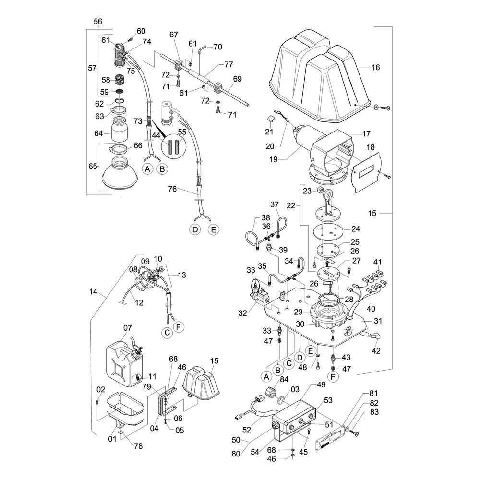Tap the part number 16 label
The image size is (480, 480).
click(x=375, y=68)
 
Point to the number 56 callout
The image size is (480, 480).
click(x=97, y=22)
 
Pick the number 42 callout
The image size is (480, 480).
click(x=376, y=351)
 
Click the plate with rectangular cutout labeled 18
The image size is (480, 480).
click(x=366, y=171)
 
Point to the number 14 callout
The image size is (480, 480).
click(x=93, y=291)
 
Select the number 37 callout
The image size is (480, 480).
click(x=275, y=204)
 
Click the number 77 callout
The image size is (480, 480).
click(x=228, y=64)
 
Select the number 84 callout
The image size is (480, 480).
click(x=284, y=380)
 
